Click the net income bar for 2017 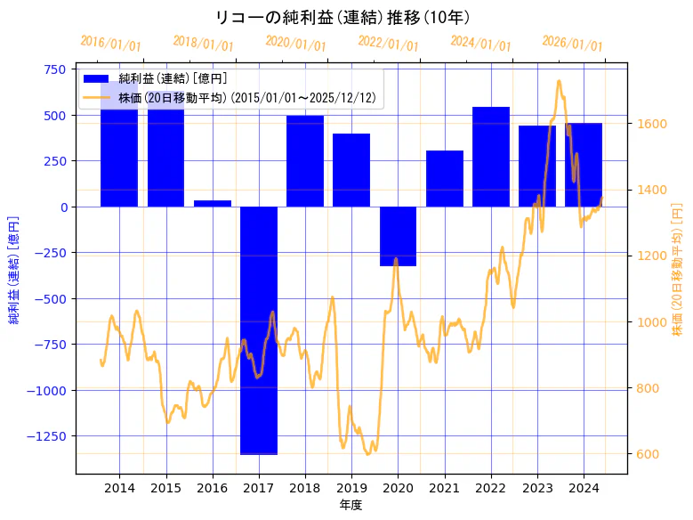(258, 330)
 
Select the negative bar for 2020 (398, 236)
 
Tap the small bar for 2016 (212, 204)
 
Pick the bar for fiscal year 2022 (490, 157)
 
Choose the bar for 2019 (351, 170)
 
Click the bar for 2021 (444, 178)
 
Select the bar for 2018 (305, 161)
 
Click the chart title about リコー (342, 17)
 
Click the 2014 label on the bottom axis (119, 488)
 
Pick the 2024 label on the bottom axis (584, 488)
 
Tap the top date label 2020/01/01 (296, 44)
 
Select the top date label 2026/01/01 (572, 44)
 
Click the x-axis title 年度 (351, 505)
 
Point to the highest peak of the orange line (559, 81)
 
